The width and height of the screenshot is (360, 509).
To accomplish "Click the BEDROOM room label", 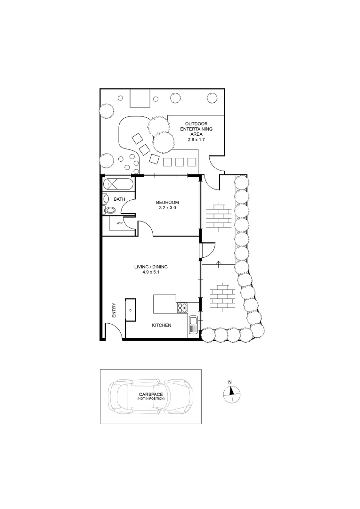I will coord(167,202).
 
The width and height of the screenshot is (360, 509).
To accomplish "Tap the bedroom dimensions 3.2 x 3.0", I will coord(167,208).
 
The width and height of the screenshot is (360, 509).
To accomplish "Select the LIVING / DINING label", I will coord(151,267).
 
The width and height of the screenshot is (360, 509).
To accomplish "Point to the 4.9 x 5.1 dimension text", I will coord(151,272).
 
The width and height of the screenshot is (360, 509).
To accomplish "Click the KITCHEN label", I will coord(161,326).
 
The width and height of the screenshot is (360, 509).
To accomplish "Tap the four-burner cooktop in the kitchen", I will coord(182,308).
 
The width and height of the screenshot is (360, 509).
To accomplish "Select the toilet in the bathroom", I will coord(109,210).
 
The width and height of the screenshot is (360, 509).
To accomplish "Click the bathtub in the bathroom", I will coord(118,184).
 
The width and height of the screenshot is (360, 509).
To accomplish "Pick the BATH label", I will coord(119,199).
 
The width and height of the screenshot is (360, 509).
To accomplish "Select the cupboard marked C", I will coord(130,310).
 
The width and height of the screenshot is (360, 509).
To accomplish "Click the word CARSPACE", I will coord(151,394).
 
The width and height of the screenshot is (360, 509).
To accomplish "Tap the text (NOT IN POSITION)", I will coord(151,399).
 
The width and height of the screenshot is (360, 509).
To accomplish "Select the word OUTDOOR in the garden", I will coord(196,123).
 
